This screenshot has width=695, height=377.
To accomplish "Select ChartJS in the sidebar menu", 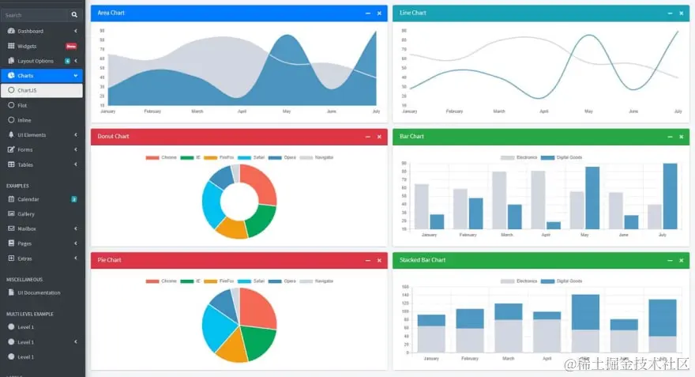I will click(x=28, y=90).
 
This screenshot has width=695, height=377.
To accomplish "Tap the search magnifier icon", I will click(x=74, y=15).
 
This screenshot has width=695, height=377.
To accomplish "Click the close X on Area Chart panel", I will click(x=379, y=13).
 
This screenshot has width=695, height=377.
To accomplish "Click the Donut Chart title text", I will click(x=113, y=137).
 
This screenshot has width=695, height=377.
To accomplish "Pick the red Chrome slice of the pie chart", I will click(x=259, y=307).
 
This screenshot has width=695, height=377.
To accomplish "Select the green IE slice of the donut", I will click(x=260, y=220).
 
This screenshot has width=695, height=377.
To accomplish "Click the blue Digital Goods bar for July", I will click(x=670, y=196).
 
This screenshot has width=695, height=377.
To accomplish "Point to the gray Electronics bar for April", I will click(x=538, y=200).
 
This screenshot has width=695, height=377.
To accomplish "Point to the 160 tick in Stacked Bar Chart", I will click(x=405, y=287).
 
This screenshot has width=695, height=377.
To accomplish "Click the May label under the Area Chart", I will click(x=287, y=111).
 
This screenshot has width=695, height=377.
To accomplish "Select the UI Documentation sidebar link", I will click(x=38, y=292).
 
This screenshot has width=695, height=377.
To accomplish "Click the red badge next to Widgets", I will click(x=71, y=46).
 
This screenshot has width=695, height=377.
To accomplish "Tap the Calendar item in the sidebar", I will click(x=28, y=199).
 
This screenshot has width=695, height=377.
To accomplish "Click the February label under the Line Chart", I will click(x=454, y=111).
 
